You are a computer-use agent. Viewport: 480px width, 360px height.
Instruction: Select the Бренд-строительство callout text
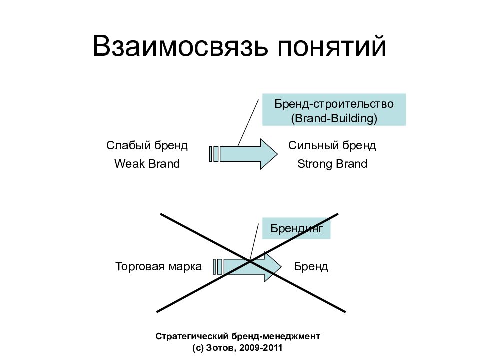pos(334,104)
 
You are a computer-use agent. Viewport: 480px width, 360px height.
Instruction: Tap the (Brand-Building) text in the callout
pos(334,119)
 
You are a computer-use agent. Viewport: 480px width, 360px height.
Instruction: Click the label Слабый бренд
pos(147,145)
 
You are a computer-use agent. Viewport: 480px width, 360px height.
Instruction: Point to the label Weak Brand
pos(147,164)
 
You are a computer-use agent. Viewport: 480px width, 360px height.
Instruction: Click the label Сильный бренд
pos(332,145)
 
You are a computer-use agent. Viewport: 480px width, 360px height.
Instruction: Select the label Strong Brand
pos(332,164)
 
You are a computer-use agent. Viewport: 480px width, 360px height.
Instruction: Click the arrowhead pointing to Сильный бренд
pos(269,154)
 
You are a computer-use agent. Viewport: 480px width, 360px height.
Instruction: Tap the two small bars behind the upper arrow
pos(214,154)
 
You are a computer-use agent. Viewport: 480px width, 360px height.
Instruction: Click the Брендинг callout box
pos(297,228)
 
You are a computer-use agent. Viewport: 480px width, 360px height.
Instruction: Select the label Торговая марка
pos(158,266)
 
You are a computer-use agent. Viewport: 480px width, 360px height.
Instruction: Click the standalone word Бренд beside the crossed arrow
pos(311,266)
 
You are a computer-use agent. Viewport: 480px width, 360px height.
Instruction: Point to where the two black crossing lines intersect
pos(249,261)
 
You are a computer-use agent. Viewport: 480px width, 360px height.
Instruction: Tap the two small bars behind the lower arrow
pos(218,266)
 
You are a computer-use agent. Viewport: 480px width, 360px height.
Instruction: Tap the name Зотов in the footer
pos(223,348)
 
